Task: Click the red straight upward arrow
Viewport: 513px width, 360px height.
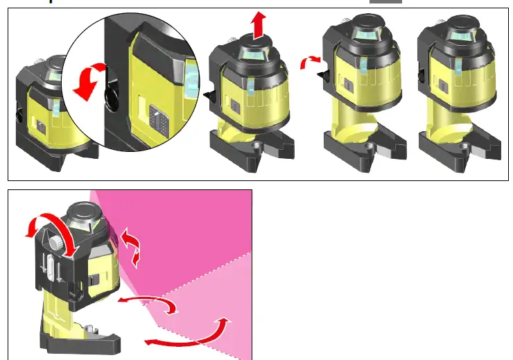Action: coord(258,26)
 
